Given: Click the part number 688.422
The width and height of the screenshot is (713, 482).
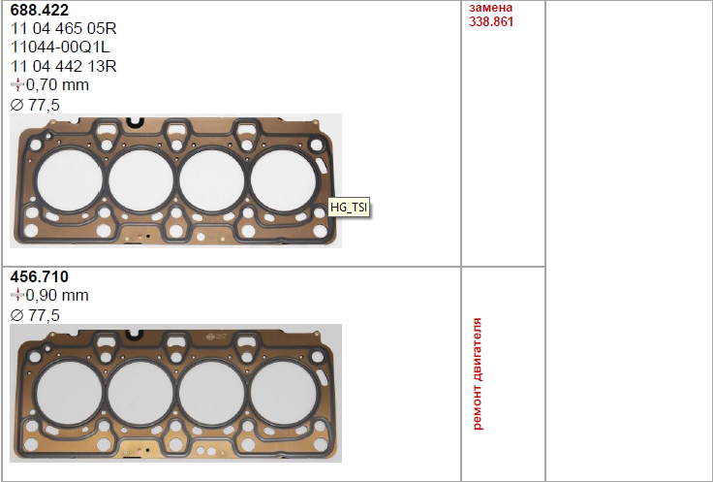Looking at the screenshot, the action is (x=39, y=10).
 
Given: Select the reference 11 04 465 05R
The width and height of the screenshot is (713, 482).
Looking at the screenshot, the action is (x=63, y=29).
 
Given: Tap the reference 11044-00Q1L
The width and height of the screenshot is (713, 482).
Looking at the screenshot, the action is (x=59, y=48).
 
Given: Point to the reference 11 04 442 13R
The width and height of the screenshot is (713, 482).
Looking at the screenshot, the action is (x=63, y=67).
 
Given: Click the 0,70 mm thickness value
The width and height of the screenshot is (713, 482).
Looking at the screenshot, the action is (x=57, y=85).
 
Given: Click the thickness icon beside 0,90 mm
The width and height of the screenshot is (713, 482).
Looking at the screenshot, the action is (x=17, y=295).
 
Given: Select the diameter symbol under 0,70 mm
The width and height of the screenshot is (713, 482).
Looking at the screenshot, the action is (x=16, y=105).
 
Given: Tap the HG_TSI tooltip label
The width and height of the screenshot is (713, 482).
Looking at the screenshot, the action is (x=349, y=208).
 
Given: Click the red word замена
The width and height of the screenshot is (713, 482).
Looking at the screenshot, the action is (x=490, y=8).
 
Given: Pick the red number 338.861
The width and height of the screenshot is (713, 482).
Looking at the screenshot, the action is (x=491, y=22).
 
